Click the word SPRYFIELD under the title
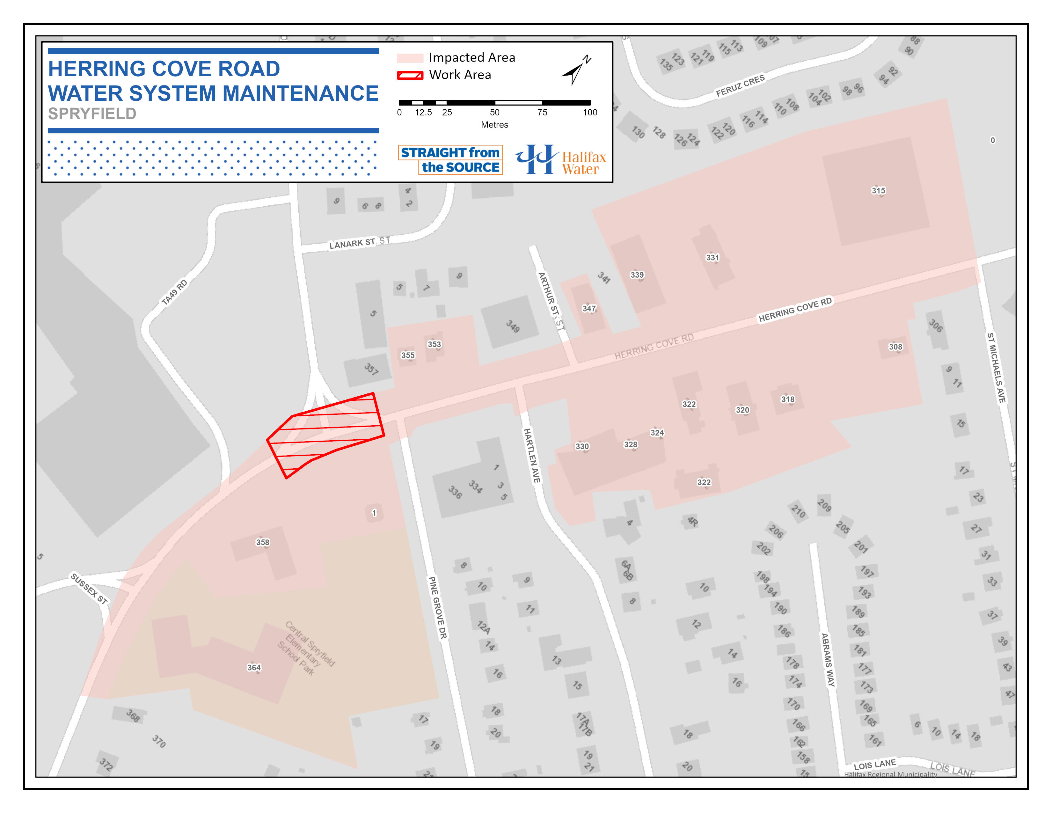click(92, 114)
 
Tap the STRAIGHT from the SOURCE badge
click(450, 159)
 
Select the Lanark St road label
click(352, 244)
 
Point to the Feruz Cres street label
click(740, 85)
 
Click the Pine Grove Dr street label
click(438, 607)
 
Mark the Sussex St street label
click(89, 588)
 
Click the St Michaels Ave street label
click(996, 368)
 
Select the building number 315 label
click(878, 191)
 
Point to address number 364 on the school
click(254, 668)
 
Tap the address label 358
click(262, 542)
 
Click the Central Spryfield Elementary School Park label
click(306, 648)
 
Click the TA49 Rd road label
click(174, 292)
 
